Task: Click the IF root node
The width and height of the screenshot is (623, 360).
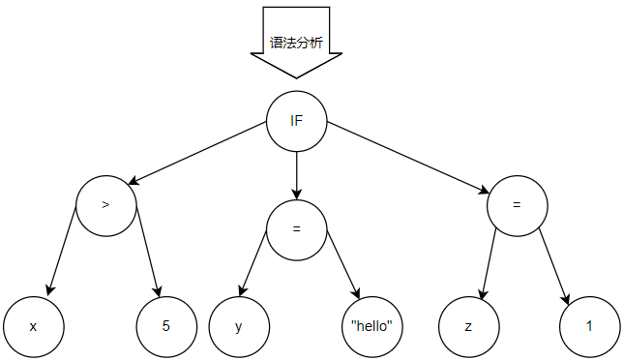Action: [x=296, y=121]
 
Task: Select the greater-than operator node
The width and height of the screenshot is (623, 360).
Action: [x=106, y=206]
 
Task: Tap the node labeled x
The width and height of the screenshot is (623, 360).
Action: [x=33, y=327]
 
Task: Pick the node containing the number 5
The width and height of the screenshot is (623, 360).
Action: [x=166, y=327]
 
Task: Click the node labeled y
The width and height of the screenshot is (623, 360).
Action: [x=239, y=327]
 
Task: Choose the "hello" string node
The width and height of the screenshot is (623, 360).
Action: [x=372, y=327]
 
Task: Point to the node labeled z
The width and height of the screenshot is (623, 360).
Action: [x=469, y=327]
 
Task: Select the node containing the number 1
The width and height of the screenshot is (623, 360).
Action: [x=590, y=327]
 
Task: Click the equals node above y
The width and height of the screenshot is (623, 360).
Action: [x=296, y=230]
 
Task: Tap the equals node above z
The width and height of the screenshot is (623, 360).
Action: [x=518, y=206]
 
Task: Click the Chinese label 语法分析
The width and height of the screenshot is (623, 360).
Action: [x=296, y=43]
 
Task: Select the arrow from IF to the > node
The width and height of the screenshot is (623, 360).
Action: [x=197, y=153]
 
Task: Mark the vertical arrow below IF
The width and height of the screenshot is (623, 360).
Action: [x=296, y=175]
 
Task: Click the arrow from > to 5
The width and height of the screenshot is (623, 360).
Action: [x=148, y=252]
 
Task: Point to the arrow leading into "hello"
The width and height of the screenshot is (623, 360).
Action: [x=343, y=264]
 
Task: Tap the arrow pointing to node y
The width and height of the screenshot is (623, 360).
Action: [x=252, y=263]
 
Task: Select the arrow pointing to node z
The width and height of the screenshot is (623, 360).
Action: [x=489, y=264]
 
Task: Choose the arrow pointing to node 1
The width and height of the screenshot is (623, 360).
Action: [x=554, y=267]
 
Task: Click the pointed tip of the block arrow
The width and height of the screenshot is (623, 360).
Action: [x=296, y=78]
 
